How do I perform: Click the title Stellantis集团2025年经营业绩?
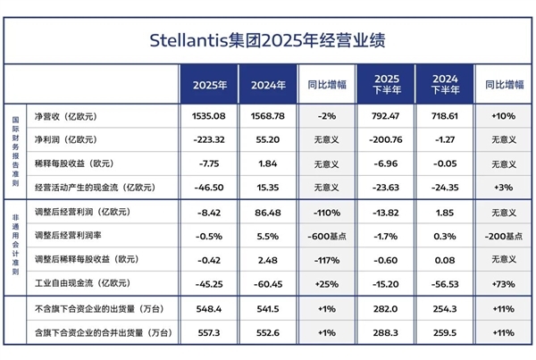pyautogui.click(x=267, y=41)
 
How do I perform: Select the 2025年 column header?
pyautogui.click(x=210, y=86)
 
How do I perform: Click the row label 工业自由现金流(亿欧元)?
pyautogui.click(x=81, y=285)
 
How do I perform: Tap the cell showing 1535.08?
pyautogui.click(x=208, y=117)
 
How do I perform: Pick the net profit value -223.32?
pyautogui.click(x=208, y=140)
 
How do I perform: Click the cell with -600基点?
pyautogui.click(x=326, y=237)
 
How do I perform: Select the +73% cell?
pyautogui.click(x=504, y=285)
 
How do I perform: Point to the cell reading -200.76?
pyautogui.click(x=386, y=140)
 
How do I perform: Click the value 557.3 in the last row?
pyautogui.click(x=208, y=332)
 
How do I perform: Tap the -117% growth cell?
pyautogui.click(x=326, y=261)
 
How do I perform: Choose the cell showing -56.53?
pyautogui.click(x=444, y=285)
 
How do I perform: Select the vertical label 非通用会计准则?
pyautogui.click(x=15, y=247)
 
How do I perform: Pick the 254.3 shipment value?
pyautogui.click(x=444, y=309)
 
